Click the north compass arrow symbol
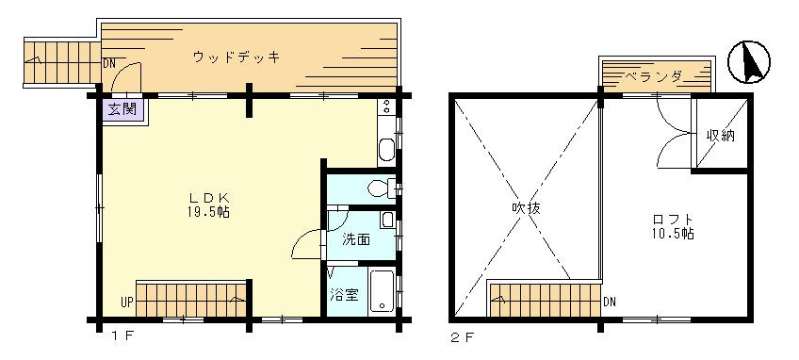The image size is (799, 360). [748, 62]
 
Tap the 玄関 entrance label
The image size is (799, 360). [122, 109]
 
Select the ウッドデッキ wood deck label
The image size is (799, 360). [236, 57]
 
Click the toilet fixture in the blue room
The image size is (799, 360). [383, 188]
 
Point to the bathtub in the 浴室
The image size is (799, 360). [383, 290]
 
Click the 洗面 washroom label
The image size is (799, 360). [355, 239]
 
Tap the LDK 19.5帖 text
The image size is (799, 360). [209, 205]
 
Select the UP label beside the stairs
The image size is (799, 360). [127, 303]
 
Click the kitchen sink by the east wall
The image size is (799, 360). [386, 149]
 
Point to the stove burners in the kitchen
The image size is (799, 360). [386, 106]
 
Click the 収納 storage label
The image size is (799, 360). [721, 136]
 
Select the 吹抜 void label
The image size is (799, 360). [526, 208]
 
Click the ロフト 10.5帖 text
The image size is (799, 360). [673, 226]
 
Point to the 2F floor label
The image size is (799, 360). [463, 337]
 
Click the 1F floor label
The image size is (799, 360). [122, 335]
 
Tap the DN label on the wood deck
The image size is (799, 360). [108, 64]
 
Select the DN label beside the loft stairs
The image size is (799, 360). [610, 303]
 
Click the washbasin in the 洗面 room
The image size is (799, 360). [387, 221]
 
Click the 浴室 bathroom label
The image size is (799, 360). [345, 295]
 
